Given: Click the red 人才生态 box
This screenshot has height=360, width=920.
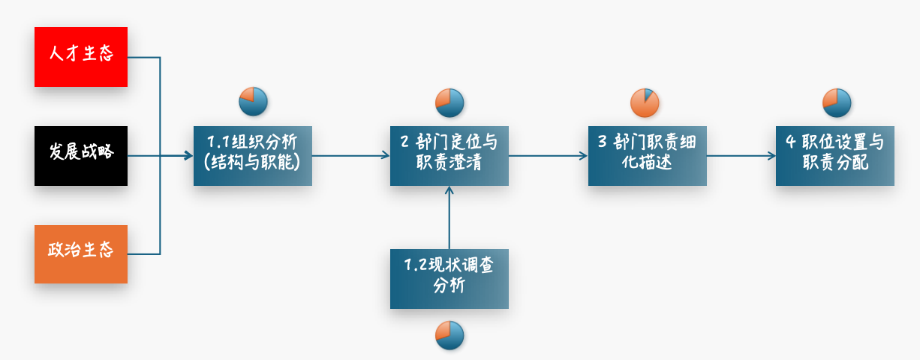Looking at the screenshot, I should [81, 56].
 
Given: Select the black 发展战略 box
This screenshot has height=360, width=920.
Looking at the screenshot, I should [81, 155].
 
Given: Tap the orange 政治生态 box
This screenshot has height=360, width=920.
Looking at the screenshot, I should [81, 253].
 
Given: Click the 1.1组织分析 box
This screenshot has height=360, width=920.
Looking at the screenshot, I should [252, 155].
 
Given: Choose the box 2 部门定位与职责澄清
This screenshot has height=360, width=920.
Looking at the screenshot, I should [449, 155].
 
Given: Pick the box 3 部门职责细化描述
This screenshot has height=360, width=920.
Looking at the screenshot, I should [647, 155].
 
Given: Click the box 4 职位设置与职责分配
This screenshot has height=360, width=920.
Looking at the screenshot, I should [834, 155].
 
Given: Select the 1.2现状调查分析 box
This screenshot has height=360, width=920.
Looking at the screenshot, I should [449, 277].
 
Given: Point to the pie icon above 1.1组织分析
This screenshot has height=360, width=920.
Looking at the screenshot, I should [253, 102].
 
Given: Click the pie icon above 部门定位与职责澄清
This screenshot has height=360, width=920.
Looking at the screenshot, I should [449, 102].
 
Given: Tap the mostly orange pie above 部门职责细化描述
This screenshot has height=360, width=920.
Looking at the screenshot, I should [645, 102].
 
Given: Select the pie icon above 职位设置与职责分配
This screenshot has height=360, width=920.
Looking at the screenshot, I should [836, 102].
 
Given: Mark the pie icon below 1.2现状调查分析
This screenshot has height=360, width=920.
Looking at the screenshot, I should [449, 334].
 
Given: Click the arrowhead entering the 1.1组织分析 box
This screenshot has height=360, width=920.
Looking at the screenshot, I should [189, 156].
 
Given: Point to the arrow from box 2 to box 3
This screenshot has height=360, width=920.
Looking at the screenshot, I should [548, 156].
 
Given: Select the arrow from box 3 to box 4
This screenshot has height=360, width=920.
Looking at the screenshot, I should [741, 156].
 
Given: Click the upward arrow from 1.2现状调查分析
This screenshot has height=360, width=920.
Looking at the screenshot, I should [449, 217].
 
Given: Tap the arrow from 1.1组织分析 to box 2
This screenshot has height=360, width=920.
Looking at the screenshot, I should [350, 156].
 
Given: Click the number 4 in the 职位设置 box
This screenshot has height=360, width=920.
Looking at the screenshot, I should [790, 142].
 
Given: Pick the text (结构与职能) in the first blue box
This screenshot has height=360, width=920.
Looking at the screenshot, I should [252, 163].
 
